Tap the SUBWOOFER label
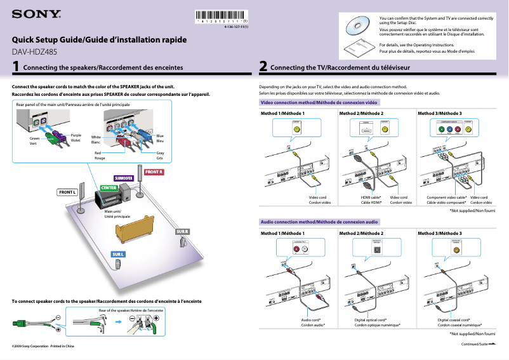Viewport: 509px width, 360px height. click(122, 178)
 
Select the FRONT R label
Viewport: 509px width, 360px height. click(154, 172)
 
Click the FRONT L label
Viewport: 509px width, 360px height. click(67, 192)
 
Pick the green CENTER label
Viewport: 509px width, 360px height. click(109, 188)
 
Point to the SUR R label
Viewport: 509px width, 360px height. click(182, 231)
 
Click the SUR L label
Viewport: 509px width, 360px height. click(119, 255)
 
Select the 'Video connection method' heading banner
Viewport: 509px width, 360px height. click(320, 102)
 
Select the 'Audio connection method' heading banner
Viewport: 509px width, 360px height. click(320, 222)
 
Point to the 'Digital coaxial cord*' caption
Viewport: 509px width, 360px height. click(454, 320)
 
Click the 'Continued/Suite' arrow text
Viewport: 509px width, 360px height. click(477, 343)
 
